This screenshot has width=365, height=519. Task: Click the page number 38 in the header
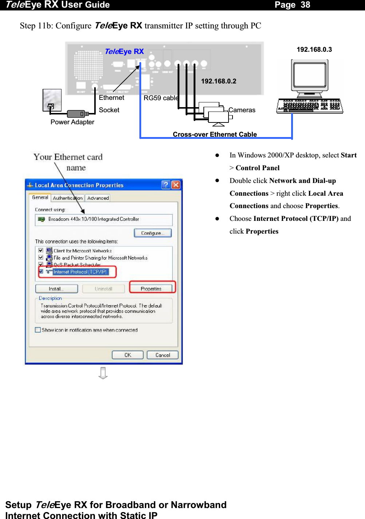click(x=305, y=5)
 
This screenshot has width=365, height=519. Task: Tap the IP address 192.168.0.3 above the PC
click(x=314, y=50)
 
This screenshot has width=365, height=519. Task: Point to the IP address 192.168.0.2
click(x=218, y=81)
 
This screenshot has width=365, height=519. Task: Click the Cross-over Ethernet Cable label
click(x=215, y=134)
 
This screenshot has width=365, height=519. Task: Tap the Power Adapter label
click(x=72, y=122)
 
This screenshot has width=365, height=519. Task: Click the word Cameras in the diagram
click(x=242, y=110)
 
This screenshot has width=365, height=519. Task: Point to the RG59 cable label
click(x=160, y=98)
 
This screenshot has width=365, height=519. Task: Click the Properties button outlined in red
click(x=151, y=289)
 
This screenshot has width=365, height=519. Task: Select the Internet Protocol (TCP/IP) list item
click(x=80, y=272)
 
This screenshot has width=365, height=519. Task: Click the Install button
click(x=56, y=289)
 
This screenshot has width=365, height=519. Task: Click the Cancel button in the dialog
click(x=162, y=355)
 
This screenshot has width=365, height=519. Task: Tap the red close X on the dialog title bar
click(x=176, y=185)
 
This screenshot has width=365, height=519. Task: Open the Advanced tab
click(x=98, y=198)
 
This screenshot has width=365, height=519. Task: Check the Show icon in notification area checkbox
click(x=38, y=330)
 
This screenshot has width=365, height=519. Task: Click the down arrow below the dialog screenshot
click(x=103, y=373)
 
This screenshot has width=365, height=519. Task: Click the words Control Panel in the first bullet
click(x=257, y=168)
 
